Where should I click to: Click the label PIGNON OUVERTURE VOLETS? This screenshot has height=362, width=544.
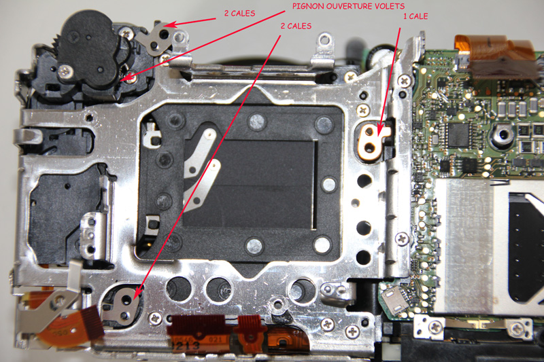pos(348,6)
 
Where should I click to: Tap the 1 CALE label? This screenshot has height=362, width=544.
pos(415,16)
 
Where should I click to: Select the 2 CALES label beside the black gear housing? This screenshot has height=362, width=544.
pos(239,14)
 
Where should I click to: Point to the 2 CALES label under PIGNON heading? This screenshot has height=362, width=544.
pos(296,26)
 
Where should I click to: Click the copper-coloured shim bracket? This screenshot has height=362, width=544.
pos(371,141)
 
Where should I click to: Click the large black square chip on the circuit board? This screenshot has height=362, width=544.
pos(458,134)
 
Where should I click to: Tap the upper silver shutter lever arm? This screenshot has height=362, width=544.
pos(199,153)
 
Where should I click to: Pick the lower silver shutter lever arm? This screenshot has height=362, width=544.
pos(203,185)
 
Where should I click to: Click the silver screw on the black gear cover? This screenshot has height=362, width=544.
pos(65,72)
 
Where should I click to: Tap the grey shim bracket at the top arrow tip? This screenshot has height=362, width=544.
pos(162,37)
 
